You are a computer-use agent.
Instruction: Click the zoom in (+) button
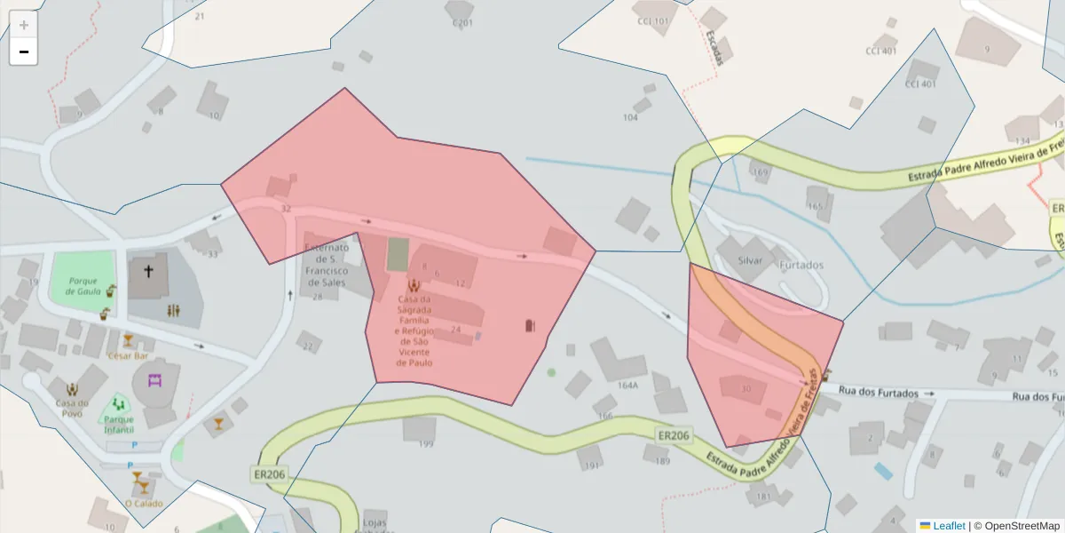click(x=23, y=25)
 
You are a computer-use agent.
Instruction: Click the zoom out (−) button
click(x=23, y=52)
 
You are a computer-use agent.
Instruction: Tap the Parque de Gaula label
click(x=83, y=286)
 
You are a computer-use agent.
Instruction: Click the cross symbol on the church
click(x=149, y=271)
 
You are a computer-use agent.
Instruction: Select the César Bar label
click(x=127, y=355)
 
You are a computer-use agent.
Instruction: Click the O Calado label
click(x=142, y=503)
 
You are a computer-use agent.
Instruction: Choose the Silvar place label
click(x=750, y=261)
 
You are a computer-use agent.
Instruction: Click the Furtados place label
click(x=801, y=265)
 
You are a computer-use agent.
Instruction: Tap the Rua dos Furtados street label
click(x=878, y=393)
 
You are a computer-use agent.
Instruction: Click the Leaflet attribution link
click(x=948, y=526)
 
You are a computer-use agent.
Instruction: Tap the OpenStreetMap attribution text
click(x=1017, y=526)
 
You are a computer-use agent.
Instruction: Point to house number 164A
click(x=627, y=386)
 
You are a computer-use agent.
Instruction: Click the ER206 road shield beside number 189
click(x=673, y=436)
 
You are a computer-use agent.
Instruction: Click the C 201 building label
click(x=462, y=23)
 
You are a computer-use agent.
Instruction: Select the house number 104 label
click(x=630, y=117)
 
